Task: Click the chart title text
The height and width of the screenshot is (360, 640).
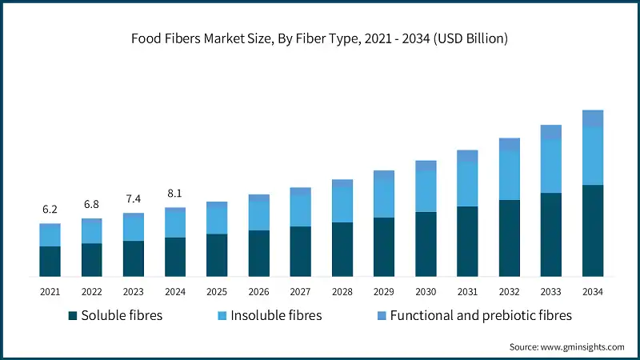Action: coord(320,38)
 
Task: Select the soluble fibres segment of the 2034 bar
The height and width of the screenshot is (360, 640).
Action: coord(592,230)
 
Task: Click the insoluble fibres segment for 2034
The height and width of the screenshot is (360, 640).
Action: coord(592,156)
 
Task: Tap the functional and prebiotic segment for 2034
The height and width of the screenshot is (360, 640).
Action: coord(592,118)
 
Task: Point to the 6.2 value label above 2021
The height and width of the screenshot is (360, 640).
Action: coord(50,210)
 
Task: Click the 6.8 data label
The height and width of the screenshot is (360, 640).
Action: coord(91,204)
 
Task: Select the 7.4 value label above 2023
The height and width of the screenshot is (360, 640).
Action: coord(133,198)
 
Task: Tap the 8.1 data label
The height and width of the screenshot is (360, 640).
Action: coord(174,193)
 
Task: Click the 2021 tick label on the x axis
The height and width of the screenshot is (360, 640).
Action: coord(50,291)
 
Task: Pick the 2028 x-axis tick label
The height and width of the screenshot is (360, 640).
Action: coord(342,291)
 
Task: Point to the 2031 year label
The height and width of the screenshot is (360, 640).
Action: coord(467,291)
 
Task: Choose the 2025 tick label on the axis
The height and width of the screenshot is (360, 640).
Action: coord(217,291)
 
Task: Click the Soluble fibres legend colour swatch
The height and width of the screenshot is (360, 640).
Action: coord(73,316)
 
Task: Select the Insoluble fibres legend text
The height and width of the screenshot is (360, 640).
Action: coord(276,316)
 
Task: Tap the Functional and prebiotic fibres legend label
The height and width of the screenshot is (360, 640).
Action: coord(481,316)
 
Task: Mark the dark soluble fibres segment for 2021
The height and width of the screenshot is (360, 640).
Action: coord(50,261)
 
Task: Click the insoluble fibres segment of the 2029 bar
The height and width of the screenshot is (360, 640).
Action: coord(384,199)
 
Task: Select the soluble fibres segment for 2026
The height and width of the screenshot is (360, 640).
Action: coord(258,253)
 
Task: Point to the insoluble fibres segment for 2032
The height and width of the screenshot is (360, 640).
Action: coord(509,175)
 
